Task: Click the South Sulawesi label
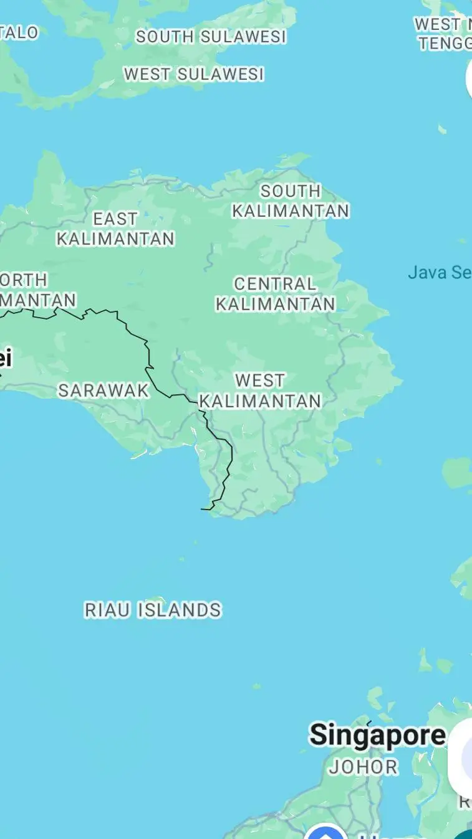point(211,37)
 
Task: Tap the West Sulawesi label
point(194,74)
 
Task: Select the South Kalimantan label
point(291,201)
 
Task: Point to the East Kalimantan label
point(115,229)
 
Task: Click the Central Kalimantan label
point(275,293)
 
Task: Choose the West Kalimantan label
point(260,390)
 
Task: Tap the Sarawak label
point(104,391)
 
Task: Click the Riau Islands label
point(153,610)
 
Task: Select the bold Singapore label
point(378,735)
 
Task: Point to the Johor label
point(363,767)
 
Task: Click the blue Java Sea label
point(439,272)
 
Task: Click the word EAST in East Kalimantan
point(115,219)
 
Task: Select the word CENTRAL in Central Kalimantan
point(275,284)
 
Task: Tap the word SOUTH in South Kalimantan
point(291,191)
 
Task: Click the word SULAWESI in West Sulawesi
point(221,74)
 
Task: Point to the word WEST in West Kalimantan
point(260,380)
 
